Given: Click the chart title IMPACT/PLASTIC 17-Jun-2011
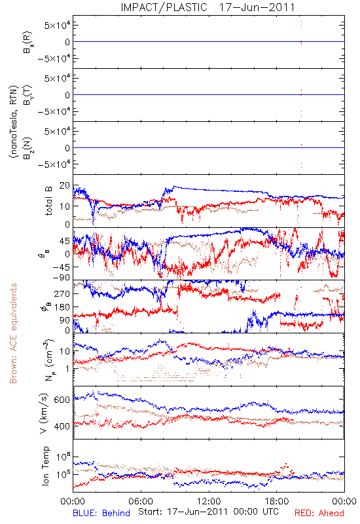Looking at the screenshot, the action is pos(207,7).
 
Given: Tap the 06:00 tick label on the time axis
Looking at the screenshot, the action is pos(141,501).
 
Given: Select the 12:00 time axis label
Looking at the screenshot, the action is pos(209,501).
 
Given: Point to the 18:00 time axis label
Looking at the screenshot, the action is pos(277,501).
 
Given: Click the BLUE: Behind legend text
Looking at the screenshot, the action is pos(101,513).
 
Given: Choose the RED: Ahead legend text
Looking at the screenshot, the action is pos(319,513).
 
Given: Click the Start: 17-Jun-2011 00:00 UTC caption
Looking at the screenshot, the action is pos(207,512).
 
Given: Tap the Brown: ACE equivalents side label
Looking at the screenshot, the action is pos(13,333).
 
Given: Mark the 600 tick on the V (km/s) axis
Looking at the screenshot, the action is pos(62,400).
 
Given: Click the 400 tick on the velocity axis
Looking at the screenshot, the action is pos(62,426).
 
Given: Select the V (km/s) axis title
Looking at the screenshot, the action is pos(44,413).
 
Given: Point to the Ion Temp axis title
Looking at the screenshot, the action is pos(45,466).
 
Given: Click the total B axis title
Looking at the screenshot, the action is pos(48,201).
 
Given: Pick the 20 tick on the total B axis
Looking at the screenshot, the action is pos(64,185).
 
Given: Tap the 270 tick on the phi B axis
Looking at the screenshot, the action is pos(62,293).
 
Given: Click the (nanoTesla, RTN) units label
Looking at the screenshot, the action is pos(13,122).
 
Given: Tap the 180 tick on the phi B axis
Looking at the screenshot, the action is pos(62,307).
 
